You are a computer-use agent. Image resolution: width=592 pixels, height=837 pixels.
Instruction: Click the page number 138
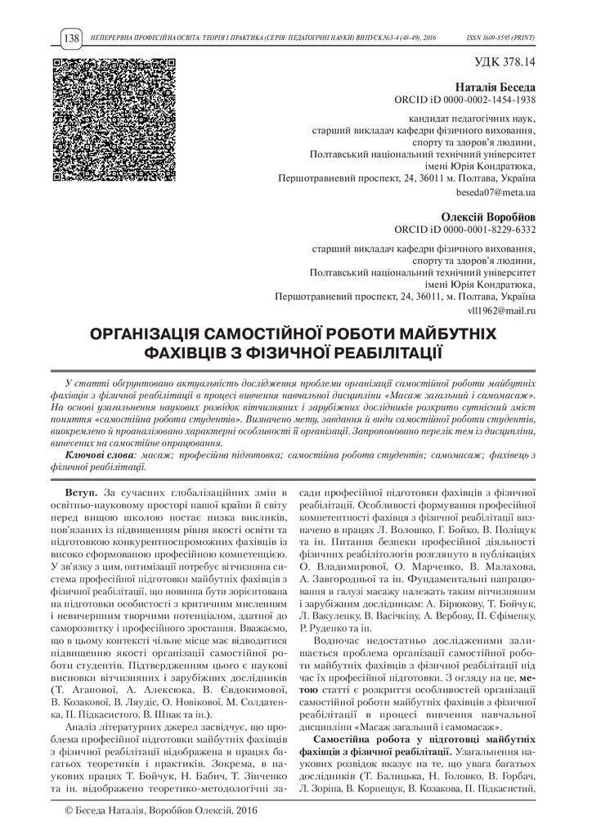click(70, 38)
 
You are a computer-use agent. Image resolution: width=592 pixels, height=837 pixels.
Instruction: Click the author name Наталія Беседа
click(495, 86)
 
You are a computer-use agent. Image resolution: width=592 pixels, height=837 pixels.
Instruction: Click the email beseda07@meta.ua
click(496, 192)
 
